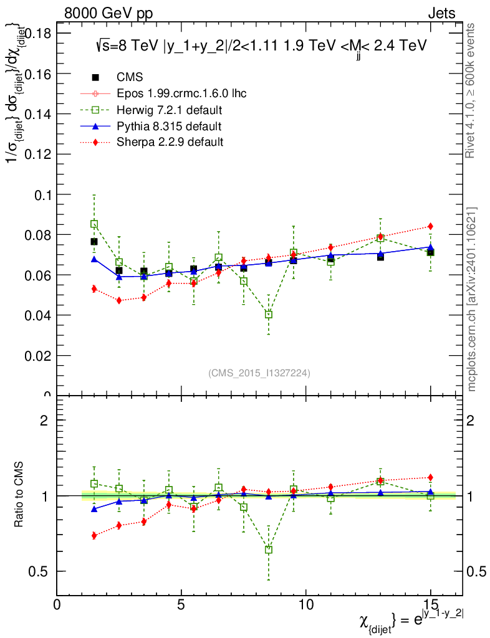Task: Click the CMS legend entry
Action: [130, 77]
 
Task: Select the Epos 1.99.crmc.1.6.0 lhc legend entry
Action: [181, 93]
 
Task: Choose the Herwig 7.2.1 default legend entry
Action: [170, 110]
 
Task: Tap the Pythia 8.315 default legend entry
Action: [169, 126]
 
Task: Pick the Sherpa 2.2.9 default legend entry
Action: [170, 142]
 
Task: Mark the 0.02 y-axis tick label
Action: [38, 356]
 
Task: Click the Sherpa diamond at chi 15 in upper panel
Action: [430, 226]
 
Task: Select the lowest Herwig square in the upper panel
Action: [269, 315]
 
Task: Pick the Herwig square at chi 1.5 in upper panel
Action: [94, 224]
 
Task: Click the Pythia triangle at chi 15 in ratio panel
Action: [430, 492]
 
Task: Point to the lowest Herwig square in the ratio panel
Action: [269, 550]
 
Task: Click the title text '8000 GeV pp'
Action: [108, 14]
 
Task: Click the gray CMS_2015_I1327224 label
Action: [259, 373]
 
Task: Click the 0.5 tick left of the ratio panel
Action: [43, 572]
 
